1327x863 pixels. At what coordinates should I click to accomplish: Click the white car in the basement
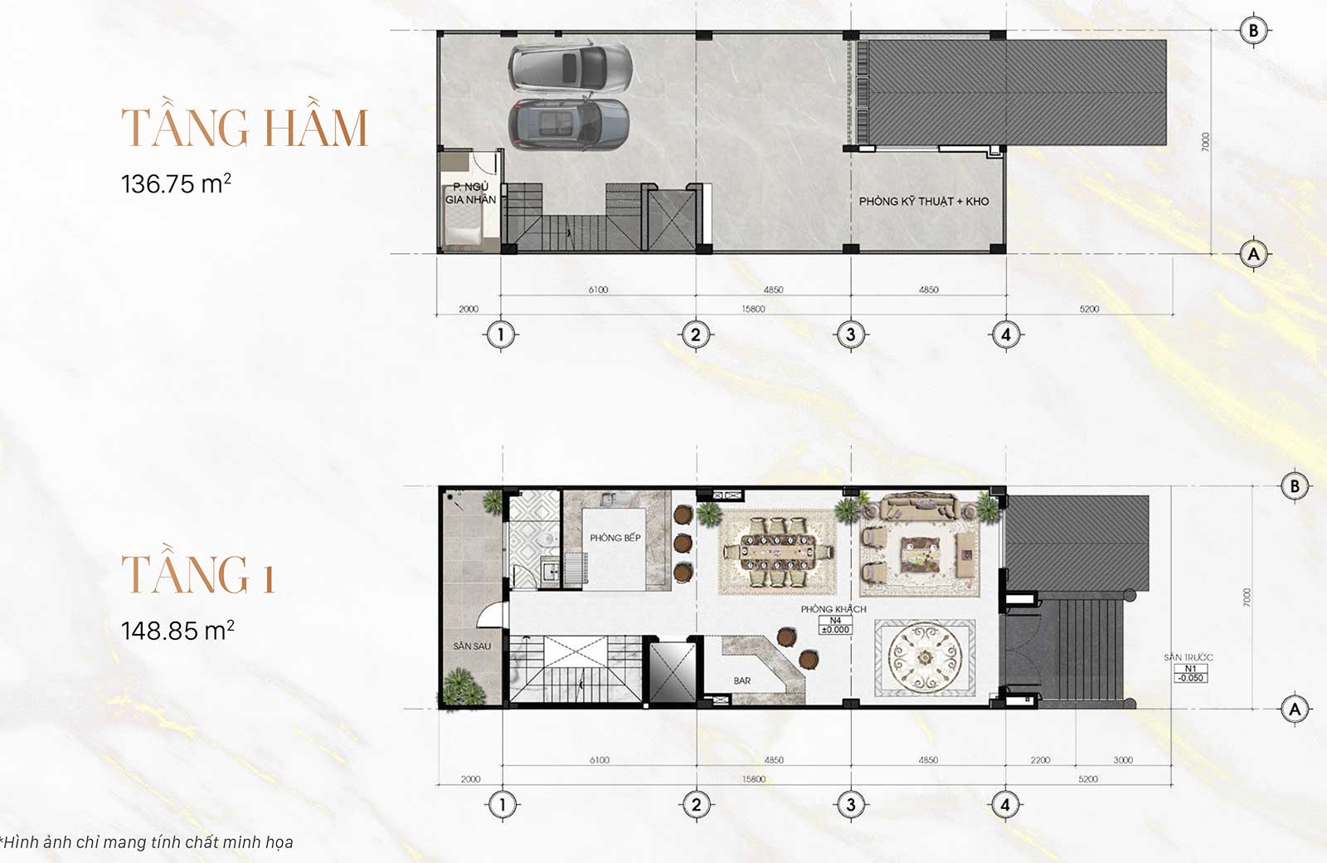coord(569,66)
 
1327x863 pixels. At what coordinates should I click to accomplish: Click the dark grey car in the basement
coord(568,124)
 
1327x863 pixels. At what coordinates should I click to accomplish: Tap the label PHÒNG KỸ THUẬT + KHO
coord(923,201)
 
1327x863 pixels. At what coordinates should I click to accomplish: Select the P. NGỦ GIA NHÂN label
coord(470,193)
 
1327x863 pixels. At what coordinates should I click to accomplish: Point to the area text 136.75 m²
coord(176,183)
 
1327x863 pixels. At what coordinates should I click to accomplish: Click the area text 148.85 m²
coord(177,631)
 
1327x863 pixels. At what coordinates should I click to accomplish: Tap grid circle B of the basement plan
coord(1253,31)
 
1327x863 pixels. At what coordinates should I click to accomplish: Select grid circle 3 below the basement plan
coord(850,335)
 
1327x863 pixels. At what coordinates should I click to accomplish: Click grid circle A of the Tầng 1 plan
coord(1295,709)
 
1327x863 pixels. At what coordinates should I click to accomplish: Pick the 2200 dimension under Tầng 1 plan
coord(1040,760)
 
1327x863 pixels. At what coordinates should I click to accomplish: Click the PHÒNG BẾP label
coord(615,538)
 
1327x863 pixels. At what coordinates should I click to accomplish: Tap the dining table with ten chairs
coord(777,552)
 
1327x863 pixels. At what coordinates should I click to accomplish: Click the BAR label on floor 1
coord(741,680)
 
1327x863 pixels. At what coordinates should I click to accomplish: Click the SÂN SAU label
coord(471,646)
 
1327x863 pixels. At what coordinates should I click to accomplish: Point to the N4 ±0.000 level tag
coord(835,625)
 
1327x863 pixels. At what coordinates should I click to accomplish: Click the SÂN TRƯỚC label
coord(1188,657)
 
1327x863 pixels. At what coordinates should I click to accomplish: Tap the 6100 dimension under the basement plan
coord(598,290)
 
